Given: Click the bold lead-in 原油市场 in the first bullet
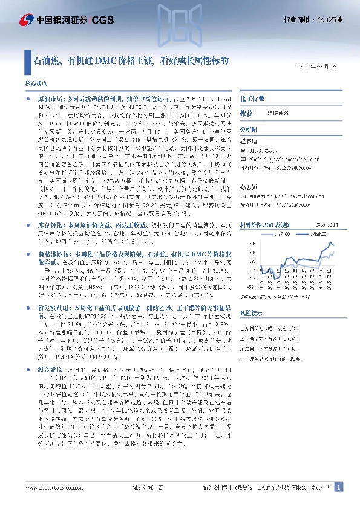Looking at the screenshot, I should tap(50, 98).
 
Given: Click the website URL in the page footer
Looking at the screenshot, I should tap(52, 487).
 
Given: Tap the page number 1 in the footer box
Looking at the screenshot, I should tap(339, 487).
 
